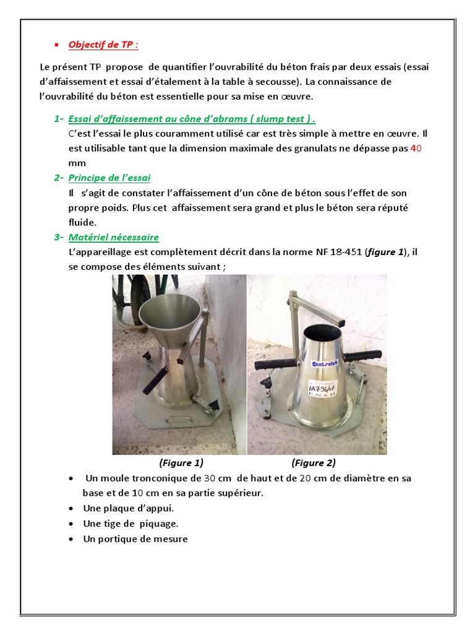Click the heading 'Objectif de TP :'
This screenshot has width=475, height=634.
103,45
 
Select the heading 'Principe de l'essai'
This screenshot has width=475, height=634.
109,178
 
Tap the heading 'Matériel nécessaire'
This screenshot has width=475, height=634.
114,237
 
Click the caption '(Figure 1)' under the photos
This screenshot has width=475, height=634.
181,462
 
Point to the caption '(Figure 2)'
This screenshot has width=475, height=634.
314,462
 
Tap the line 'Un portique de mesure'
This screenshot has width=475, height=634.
135,539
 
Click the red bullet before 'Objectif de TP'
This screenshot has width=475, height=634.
56,45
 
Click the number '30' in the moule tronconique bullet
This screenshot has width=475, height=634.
210,479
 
